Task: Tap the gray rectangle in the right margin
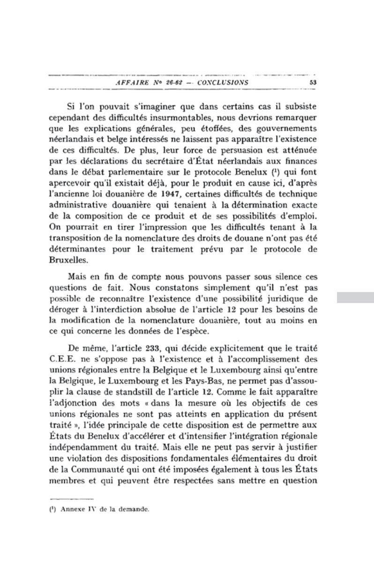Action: click(x=355, y=298)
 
